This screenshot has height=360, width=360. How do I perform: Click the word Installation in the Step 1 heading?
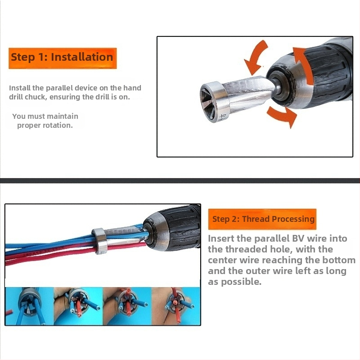82,57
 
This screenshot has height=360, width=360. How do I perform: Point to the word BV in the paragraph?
298,238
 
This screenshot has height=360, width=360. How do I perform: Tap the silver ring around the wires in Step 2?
99,241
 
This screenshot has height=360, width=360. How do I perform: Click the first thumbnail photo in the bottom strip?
29,306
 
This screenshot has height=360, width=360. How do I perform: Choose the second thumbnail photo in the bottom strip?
78,306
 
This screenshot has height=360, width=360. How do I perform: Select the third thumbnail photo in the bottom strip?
127,306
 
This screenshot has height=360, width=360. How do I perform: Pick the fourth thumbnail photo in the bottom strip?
176,306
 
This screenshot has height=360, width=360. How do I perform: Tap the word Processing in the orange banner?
293,219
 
